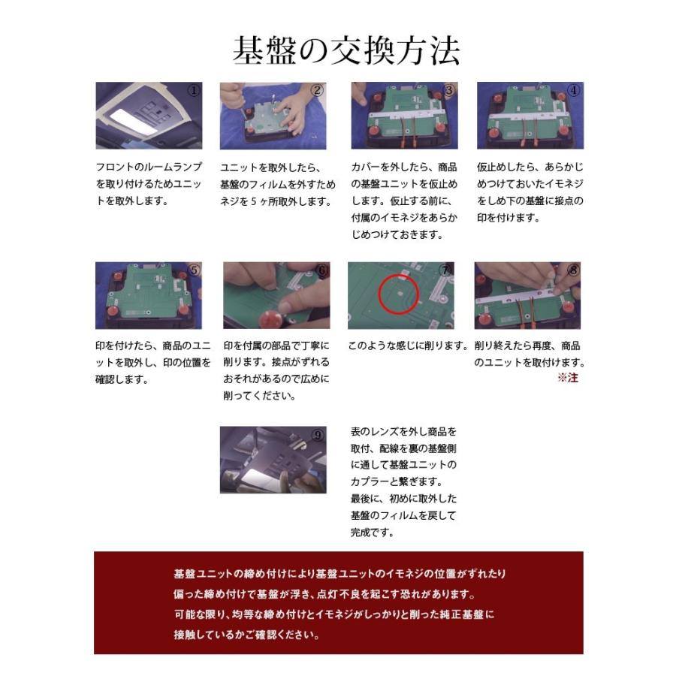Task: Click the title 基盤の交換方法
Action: coord(346,50)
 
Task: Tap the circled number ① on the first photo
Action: coord(194,91)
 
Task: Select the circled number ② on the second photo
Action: coord(317,91)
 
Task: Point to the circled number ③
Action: coord(449,91)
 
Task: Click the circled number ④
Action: coord(574,91)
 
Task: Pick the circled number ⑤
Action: coord(194,270)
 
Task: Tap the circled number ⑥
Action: coord(322,270)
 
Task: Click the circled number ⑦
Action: coord(446,270)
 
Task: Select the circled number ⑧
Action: coord(574,270)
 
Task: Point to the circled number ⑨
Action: coord(317,435)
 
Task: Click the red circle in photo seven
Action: coord(399,292)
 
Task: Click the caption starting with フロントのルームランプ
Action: coord(140,167)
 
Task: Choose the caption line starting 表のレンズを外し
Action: coord(403,432)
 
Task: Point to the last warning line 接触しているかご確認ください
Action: coord(246,635)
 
